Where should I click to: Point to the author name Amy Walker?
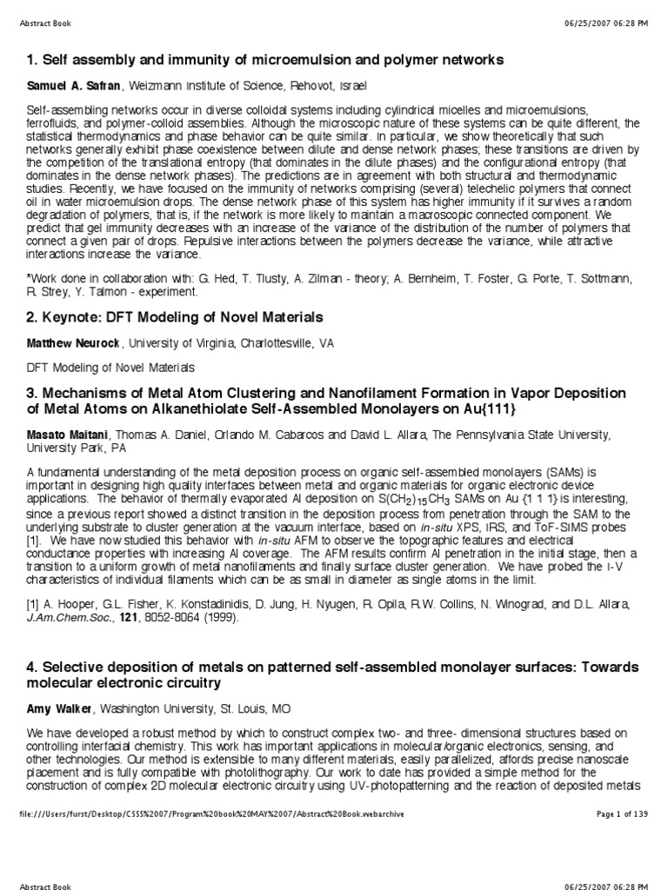point(57,708)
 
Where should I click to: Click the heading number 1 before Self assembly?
point(31,60)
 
